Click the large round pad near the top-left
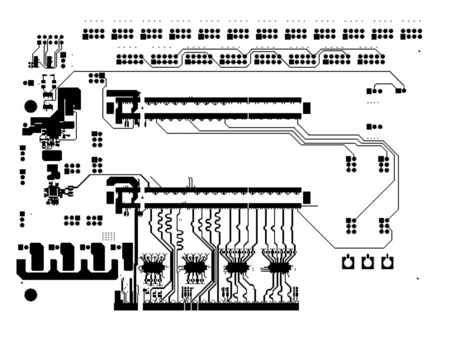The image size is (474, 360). pyautogui.click(x=31, y=107)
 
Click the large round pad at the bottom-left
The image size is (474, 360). pyautogui.click(x=31, y=295)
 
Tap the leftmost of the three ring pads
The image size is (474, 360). pyautogui.click(x=348, y=262)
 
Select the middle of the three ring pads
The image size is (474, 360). pyautogui.click(x=367, y=262)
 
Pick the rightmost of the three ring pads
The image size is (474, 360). pyautogui.click(x=387, y=262)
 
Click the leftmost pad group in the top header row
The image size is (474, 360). pyautogui.click(x=94, y=34)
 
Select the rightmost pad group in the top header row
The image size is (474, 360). pyautogui.click(x=411, y=34)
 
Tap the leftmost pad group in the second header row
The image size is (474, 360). pyautogui.click(x=130, y=59)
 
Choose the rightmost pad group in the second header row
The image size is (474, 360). pyautogui.click(x=371, y=59)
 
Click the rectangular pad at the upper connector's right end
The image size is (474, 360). pyautogui.click(x=307, y=108)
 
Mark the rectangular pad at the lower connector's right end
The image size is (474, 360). pyautogui.click(x=307, y=198)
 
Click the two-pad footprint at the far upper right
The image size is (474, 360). pyautogui.click(x=401, y=90)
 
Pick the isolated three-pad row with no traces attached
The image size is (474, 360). pyautogui.click(x=374, y=127)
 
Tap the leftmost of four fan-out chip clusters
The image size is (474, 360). pyautogui.click(x=153, y=268)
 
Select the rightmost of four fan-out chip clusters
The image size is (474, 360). pyautogui.click(x=279, y=268)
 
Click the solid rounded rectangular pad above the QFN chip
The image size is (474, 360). pyautogui.click(x=52, y=156)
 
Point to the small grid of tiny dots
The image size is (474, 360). pyautogui.click(x=109, y=236)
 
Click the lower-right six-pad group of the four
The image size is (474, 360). pyautogui.click(x=384, y=226)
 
